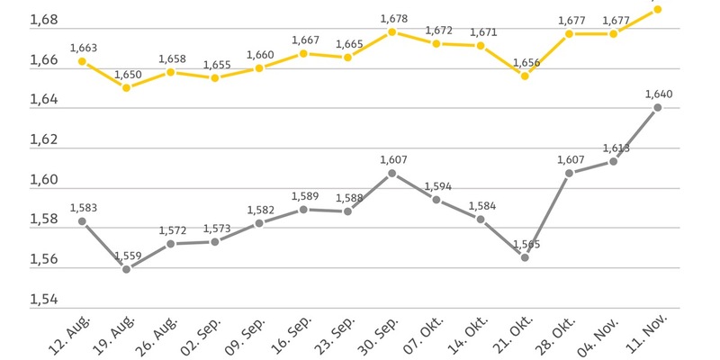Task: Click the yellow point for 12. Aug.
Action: [x=82, y=61]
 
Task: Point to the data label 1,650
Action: [x=126, y=73]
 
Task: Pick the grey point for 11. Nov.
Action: [x=658, y=108]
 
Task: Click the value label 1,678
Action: [x=393, y=18]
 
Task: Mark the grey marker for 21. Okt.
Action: [x=526, y=257]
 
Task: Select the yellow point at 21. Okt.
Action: [x=526, y=76]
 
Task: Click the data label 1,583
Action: [x=82, y=207]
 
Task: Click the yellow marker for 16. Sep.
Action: [x=303, y=53]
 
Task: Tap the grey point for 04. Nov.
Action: [x=614, y=161]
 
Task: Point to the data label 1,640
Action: [x=658, y=94]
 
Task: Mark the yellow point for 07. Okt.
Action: [x=436, y=43]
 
